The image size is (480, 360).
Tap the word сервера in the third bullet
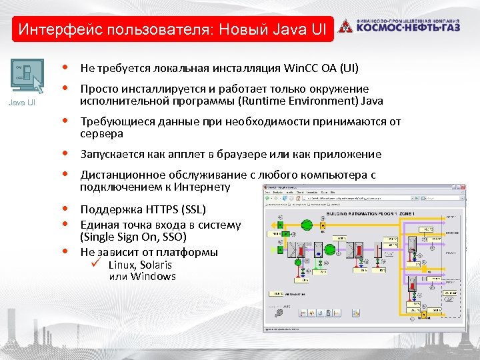point(101,133)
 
